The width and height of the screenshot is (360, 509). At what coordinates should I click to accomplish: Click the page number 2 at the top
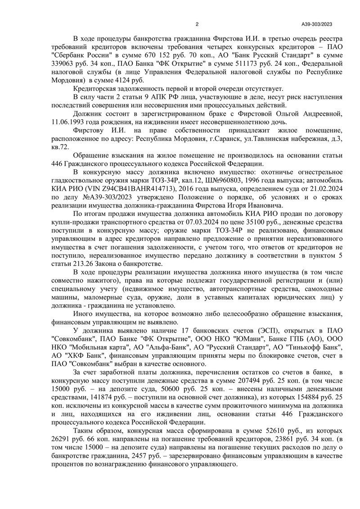(197, 25)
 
